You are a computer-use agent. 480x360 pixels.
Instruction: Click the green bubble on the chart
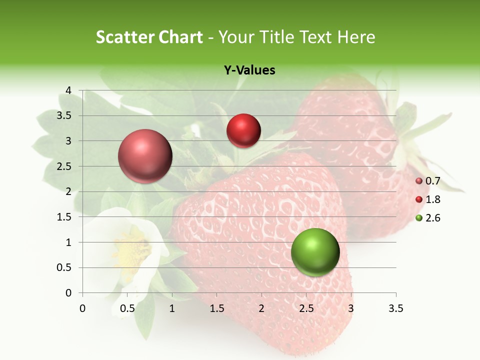315,252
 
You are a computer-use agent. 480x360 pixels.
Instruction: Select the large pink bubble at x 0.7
145,156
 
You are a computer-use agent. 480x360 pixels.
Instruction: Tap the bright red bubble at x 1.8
243,130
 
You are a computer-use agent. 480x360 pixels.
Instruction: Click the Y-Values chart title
249,70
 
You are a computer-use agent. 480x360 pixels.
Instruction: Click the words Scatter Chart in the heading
149,37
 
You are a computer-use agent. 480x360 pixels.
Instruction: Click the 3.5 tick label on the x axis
395,308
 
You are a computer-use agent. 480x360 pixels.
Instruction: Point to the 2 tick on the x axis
261,308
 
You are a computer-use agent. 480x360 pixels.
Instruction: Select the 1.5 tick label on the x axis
216,308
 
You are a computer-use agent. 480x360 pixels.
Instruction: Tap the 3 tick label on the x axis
351,308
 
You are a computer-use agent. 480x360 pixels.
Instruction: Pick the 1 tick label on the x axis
172,308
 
